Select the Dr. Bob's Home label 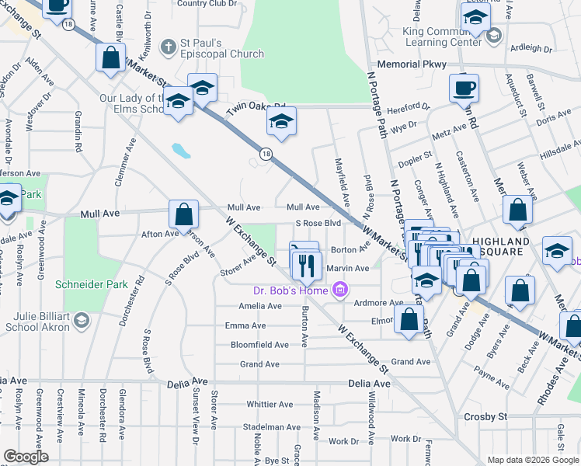pyautogui.click(x=290, y=291)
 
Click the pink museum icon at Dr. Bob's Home pyautogui.click(x=338, y=291)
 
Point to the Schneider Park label pyautogui.click(x=91, y=284)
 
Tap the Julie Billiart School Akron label pyautogui.click(x=37, y=320)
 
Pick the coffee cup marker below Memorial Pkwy pyautogui.click(x=464, y=89)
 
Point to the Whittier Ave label pyautogui.click(x=270, y=404)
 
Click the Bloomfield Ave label pyautogui.click(x=259, y=345)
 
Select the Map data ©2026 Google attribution pyautogui.click(x=532, y=460)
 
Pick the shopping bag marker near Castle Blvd pyautogui.click(x=111, y=58)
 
